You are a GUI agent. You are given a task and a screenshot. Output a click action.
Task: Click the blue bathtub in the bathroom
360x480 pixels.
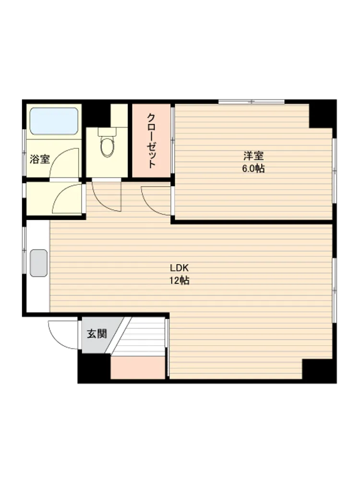pyautogui.click(x=54, y=121)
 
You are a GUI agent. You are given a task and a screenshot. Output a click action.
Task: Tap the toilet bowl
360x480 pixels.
pyautogui.click(x=107, y=147)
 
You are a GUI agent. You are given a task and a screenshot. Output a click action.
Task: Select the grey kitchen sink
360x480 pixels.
pyautogui.click(x=39, y=263)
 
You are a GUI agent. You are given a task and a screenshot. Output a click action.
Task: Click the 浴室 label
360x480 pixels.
pyautogui.click(x=40, y=159)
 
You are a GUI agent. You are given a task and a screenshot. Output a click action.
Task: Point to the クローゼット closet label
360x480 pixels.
pyautogui.click(x=151, y=141)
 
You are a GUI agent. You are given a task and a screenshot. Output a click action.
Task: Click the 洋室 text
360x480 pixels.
pyautogui.click(x=253, y=156)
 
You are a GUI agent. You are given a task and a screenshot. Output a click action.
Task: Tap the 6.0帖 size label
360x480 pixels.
pyautogui.click(x=253, y=168)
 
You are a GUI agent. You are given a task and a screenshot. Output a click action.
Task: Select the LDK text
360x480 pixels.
pyautogui.click(x=180, y=268)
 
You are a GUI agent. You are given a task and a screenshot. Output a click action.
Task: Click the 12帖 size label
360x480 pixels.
pyautogui.click(x=180, y=280)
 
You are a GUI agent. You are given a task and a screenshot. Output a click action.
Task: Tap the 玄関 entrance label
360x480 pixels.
pyautogui.click(x=97, y=334)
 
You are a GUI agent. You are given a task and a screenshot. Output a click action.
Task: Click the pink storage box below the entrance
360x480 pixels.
pyautogui.click(x=138, y=367)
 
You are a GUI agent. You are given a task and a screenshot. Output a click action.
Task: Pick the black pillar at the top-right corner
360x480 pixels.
pyautogui.click(x=323, y=114)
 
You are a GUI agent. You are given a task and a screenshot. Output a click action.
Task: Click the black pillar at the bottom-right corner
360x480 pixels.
pyautogui.click(x=319, y=371)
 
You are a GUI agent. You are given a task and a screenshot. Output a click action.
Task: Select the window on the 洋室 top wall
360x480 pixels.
pyautogui.click(x=252, y=102)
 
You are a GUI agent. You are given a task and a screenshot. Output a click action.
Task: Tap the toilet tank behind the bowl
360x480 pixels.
pyautogui.click(x=107, y=132)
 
